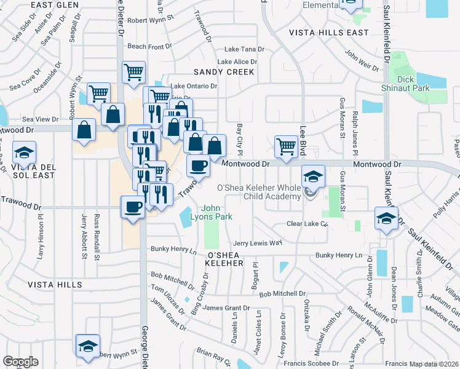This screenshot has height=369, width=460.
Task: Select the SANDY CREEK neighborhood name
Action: click(224, 72)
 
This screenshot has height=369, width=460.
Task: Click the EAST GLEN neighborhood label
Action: click(54, 5)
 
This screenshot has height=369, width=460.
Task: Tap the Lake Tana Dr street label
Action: click(244, 49)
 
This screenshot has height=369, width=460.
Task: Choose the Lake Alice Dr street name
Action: click(237, 61)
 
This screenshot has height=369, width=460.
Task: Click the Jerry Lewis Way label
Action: click(257, 243)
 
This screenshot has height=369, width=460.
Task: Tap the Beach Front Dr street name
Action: click(149, 47)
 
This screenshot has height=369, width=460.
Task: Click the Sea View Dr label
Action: click(40, 119)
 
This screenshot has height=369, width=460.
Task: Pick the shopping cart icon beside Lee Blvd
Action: click(285, 146)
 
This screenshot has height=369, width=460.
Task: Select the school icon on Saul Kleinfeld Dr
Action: click(386, 219)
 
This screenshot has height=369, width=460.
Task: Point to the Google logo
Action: click(20, 362)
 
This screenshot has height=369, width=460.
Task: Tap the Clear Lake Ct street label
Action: click(307, 224)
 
